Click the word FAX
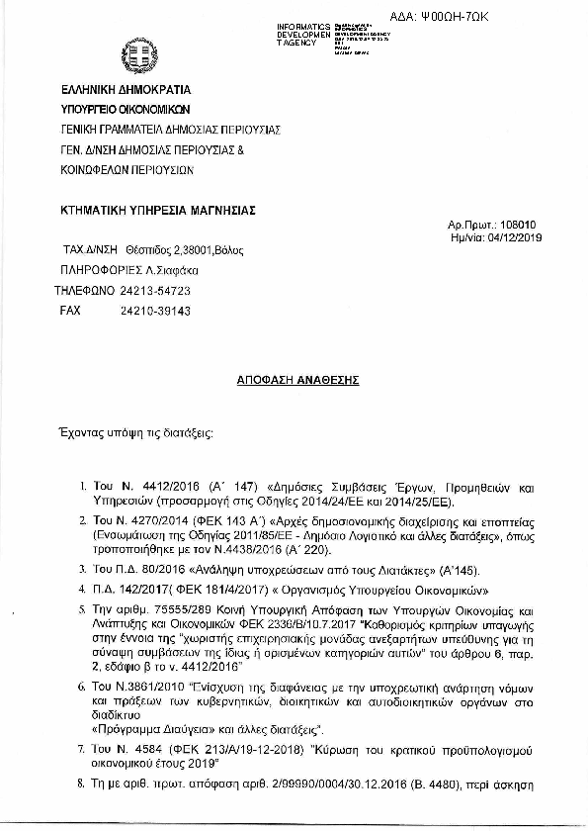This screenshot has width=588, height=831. (x=70, y=310)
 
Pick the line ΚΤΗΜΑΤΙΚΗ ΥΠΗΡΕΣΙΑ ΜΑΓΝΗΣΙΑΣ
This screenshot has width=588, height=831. (x=157, y=209)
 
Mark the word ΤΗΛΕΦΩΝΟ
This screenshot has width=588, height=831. (x=82, y=292)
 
